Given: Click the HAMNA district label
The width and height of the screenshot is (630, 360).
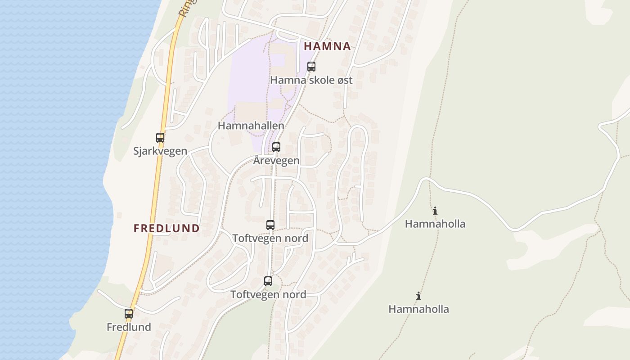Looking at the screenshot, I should click(327, 46).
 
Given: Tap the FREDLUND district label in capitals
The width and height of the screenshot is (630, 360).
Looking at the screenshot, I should click(166, 228).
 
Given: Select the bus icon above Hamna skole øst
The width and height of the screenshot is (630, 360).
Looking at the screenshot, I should click(311, 67).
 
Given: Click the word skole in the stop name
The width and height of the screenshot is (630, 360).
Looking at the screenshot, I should click(314, 81).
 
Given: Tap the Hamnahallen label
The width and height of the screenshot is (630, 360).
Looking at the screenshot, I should click(251, 126).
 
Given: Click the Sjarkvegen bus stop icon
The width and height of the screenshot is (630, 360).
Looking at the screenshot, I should click(160, 137).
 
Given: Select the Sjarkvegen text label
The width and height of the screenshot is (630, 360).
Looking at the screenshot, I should click(160, 151).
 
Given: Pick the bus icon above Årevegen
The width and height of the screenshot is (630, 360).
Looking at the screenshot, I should click(276, 147).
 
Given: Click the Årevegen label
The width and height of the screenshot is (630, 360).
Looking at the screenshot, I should click(276, 161).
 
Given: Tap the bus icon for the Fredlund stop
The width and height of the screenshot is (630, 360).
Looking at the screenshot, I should click(129, 313).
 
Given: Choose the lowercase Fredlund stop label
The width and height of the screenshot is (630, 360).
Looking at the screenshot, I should click(129, 327).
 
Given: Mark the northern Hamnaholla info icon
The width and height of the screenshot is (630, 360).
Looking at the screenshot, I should click(435, 211).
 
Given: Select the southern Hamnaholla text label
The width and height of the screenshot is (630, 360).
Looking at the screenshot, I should click(418, 309).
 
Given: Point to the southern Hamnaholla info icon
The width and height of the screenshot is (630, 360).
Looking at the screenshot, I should click(418, 296).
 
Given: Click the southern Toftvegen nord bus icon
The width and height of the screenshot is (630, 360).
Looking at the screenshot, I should click(268, 281).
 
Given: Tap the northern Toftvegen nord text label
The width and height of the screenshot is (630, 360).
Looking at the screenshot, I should click(270, 238).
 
